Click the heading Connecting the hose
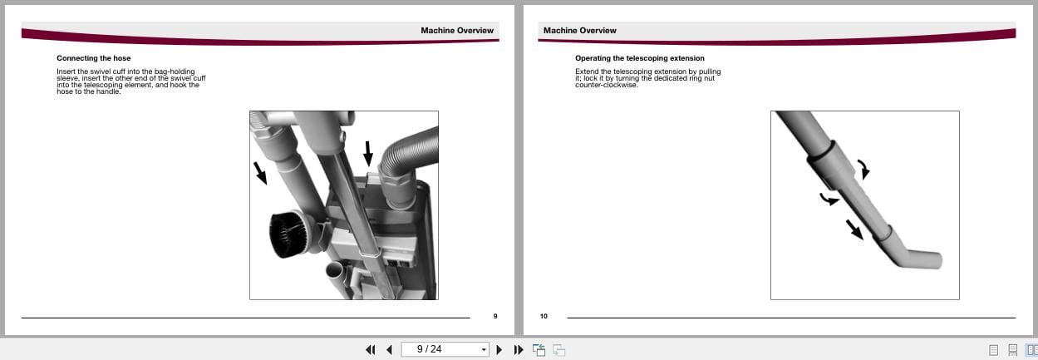click(93, 58)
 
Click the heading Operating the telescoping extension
click(639, 58)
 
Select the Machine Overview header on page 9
click(456, 31)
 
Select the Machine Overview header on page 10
click(579, 31)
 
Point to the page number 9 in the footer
click(494, 316)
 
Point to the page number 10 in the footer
click(544, 316)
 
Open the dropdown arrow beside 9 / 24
click(484, 350)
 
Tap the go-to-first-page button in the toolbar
click(371, 350)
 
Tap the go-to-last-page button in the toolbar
click(519, 350)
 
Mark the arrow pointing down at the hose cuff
click(368, 152)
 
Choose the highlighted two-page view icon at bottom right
click(1031, 350)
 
